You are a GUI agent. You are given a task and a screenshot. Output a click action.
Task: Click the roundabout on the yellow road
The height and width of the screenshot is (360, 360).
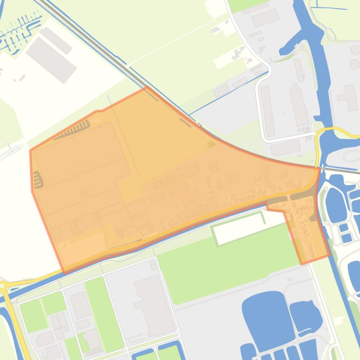(x=2, y=285)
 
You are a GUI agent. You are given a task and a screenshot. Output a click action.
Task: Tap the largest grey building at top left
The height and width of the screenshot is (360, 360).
(x=50, y=59)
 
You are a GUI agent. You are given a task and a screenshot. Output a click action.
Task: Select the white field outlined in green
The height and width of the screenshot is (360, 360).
(x=238, y=228)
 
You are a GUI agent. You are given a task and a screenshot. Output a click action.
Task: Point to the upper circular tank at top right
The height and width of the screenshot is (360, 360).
(x=355, y=50)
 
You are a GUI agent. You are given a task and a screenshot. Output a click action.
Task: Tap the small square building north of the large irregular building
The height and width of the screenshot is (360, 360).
(x=153, y=265)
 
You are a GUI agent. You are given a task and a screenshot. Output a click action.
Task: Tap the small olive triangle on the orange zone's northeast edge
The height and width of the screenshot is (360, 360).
(x=212, y=144)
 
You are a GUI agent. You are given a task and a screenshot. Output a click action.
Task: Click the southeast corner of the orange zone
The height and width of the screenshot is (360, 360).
(x=330, y=255)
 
